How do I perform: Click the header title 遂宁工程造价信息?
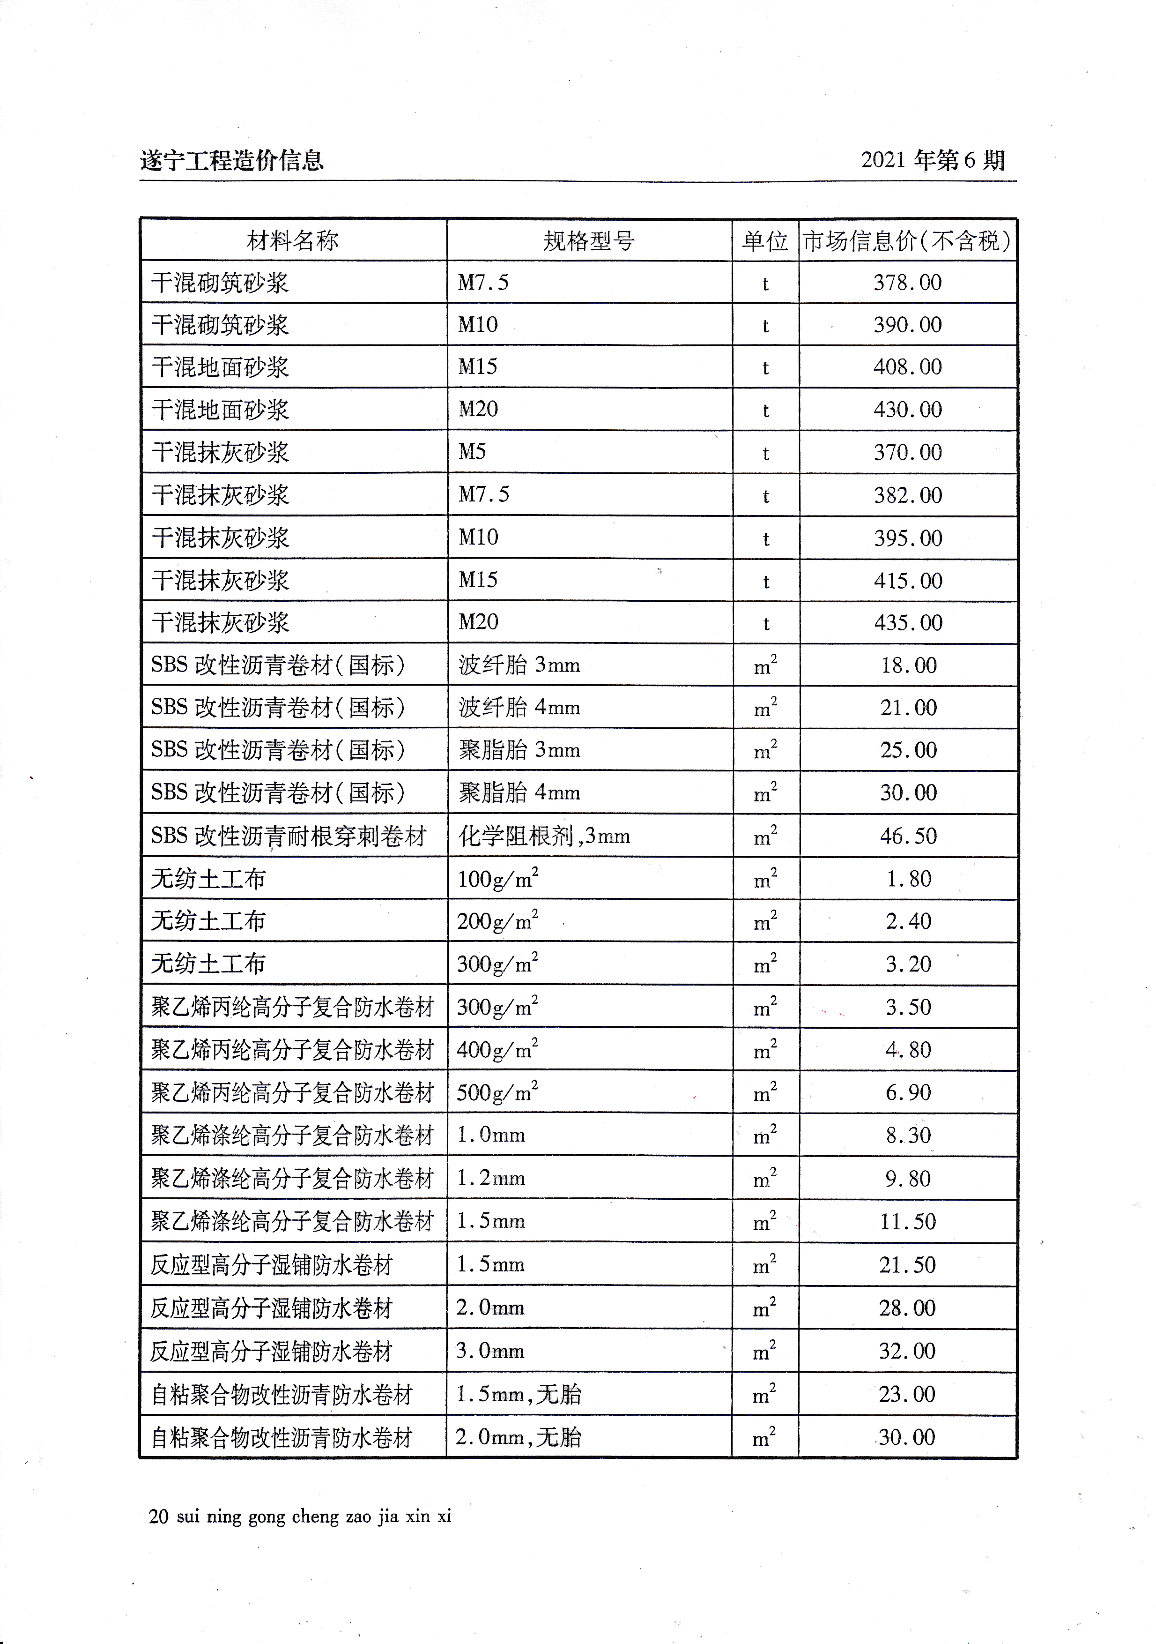point(231,160)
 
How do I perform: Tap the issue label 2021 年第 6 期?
point(933,160)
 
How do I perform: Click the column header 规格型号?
point(588,240)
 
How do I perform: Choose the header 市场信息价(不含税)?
point(907,240)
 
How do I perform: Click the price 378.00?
point(907,282)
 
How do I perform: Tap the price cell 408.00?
point(907,366)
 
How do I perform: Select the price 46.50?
point(908,836)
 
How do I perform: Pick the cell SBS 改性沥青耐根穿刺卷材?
point(289,836)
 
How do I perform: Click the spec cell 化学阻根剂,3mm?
point(544,836)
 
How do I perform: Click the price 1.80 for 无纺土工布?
point(908,879)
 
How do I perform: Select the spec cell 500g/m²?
point(497,1092)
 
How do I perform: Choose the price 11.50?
point(908,1221)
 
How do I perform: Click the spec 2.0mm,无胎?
point(518,1437)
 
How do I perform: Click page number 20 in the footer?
point(158,1516)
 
